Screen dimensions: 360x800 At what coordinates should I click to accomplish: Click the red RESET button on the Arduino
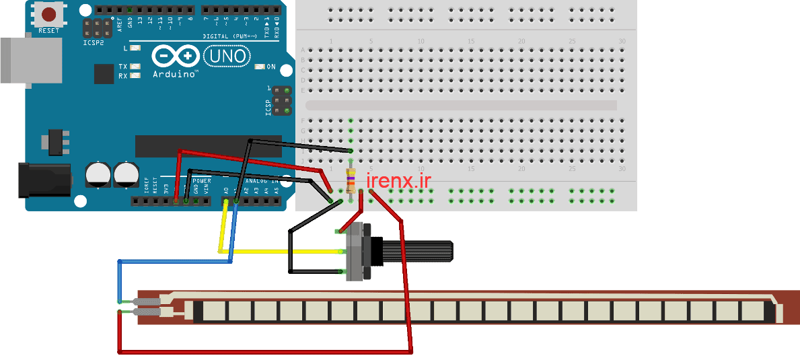click(48, 13)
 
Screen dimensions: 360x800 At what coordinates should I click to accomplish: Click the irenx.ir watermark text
click(398, 180)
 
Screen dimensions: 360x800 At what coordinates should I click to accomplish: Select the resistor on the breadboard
click(350, 181)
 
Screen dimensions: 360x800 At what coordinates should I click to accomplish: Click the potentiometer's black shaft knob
click(417, 252)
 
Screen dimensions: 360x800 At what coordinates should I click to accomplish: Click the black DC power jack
click(44, 179)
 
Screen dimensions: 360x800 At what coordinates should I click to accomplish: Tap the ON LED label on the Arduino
click(271, 67)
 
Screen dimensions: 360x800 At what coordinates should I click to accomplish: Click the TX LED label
click(123, 67)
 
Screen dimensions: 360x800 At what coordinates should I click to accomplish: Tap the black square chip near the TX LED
click(104, 74)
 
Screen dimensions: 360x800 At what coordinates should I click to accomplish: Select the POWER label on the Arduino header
click(202, 181)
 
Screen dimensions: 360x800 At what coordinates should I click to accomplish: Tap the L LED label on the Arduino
click(126, 48)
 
